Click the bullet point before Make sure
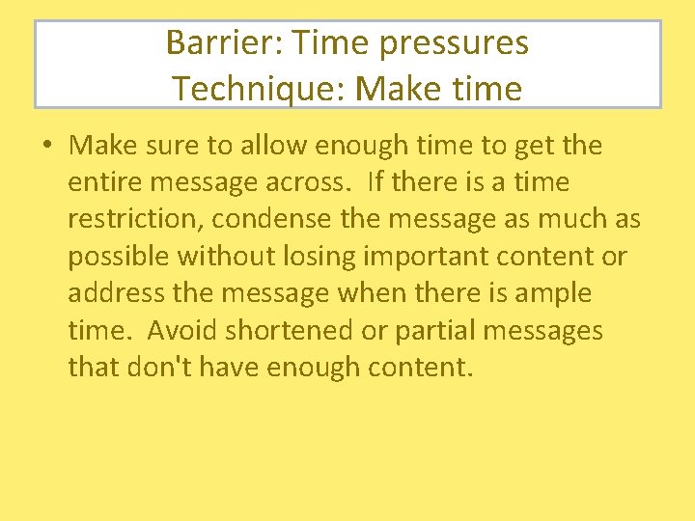(46, 147)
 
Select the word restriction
(133, 219)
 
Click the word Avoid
(182, 330)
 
